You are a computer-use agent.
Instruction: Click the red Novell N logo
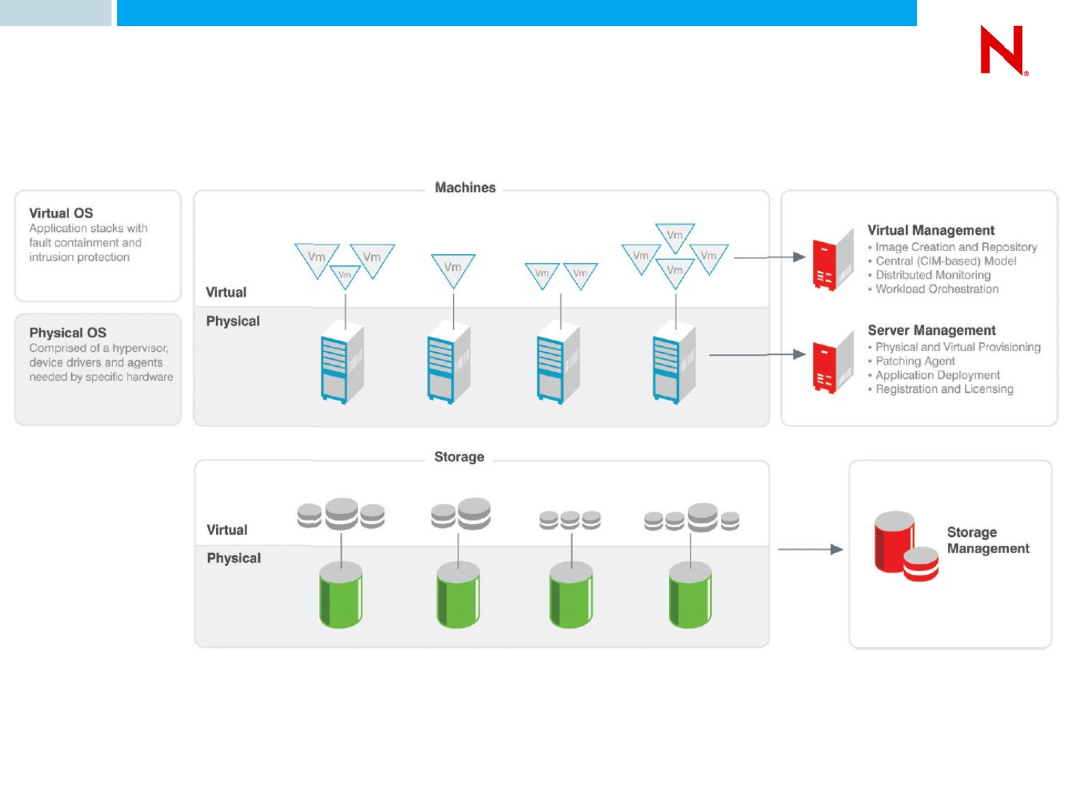[1003, 50]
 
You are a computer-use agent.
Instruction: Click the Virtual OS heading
[61, 213]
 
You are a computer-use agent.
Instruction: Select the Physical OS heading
[68, 333]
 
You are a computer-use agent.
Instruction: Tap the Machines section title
[465, 188]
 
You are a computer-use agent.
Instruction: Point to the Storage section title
[459, 457]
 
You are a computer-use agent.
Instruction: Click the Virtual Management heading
[931, 230]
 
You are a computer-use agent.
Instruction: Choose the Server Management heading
[932, 330]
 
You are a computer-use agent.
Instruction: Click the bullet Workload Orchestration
[937, 289]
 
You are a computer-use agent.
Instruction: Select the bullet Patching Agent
[915, 361]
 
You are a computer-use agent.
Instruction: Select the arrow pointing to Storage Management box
[811, 550]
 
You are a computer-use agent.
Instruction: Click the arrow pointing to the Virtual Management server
[770, 258]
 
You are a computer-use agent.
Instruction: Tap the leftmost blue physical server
[341, 363]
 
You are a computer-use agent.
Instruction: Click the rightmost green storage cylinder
[690, 595]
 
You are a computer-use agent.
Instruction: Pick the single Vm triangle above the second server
[453, 269]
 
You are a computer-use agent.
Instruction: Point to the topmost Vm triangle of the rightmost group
[675, 236]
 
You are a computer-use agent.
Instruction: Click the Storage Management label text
[987, 541]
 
